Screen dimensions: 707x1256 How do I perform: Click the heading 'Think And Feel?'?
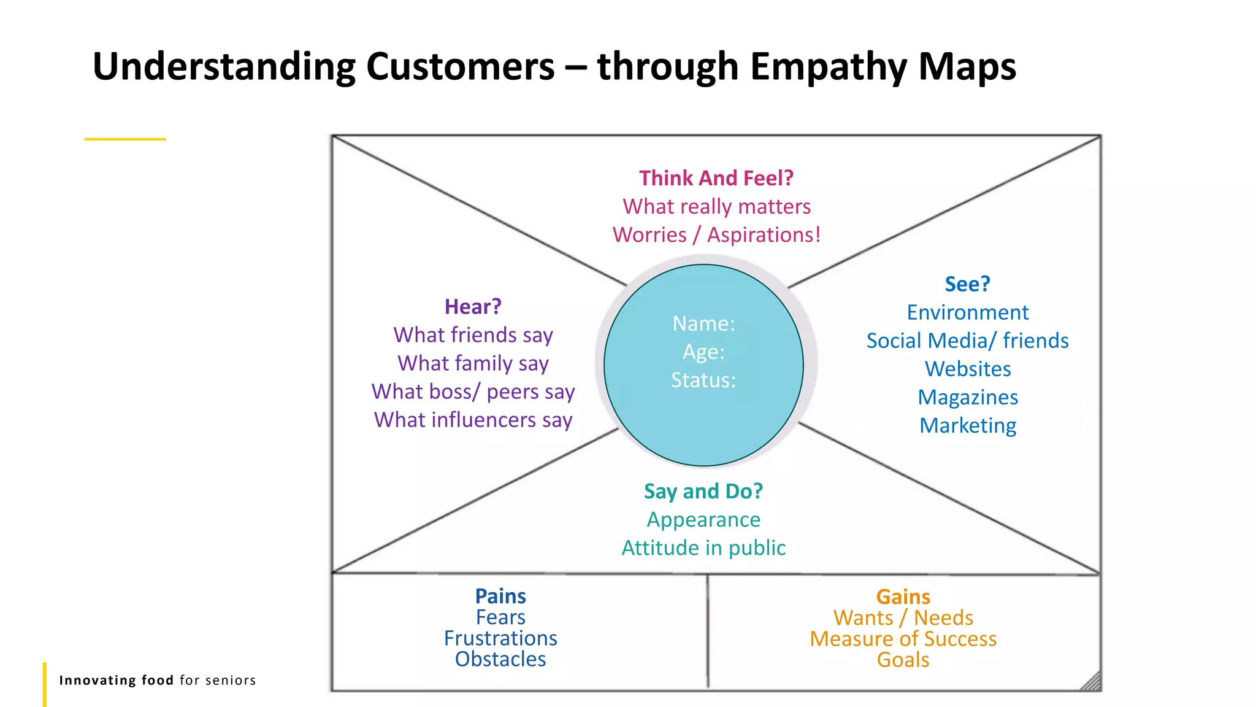point(716,178)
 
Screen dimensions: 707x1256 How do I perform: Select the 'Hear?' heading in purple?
point(473,306)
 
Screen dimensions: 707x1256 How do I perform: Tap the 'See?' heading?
point(967,284)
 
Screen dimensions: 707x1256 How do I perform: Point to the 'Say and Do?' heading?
point(703,491)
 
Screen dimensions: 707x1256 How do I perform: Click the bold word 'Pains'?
point(500,596)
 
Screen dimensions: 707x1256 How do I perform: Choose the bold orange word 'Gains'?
point(903,597)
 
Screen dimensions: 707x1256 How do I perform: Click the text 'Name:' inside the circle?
point(703,323)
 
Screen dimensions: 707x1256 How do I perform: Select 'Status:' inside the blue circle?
point(703,380)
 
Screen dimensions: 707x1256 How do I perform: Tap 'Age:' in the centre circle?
point(703,352)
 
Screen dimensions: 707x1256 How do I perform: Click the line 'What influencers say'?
point(473,420)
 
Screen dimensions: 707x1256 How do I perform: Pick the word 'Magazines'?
point(968,397)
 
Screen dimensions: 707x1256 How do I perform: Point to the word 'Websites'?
point(968,369)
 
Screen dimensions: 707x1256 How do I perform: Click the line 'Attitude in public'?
point(703,547)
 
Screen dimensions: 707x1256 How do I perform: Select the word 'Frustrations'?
point(500,638)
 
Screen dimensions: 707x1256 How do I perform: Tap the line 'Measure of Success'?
point(903,639)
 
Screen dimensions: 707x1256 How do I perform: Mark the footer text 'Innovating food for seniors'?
point(157,680)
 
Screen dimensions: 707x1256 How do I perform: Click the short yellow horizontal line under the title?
point(125,139)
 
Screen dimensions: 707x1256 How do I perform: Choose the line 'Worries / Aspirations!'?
point(716,234)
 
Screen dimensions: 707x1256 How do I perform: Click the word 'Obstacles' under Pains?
point(500,659)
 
